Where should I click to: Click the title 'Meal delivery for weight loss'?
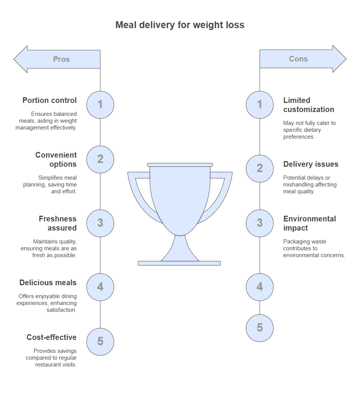pyautogui.click(x=180, y=25)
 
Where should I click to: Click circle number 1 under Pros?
pyautogui.click(x=100, y=104)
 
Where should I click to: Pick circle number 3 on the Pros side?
pyautogui.click(x=100, y=223)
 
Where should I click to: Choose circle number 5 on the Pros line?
pyautogui.click(x=100, y=341)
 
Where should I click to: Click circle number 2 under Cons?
pyautogui.click(x=260, y=168)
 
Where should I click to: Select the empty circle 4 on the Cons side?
pyautogui.click(x=260, y=287)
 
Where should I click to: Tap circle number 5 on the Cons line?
pyautogui.click(x=260, y=328)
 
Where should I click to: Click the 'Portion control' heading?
pyautogui.click(x=49, y=101)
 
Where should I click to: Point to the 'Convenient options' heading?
pyautogui.click(x=56, y=160)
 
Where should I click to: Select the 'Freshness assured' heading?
pyautogui.click(x=57, y=223)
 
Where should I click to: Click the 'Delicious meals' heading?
pyautogui.click(x=48, y=283)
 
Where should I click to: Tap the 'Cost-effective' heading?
pyautogui.click(x=51, y=338)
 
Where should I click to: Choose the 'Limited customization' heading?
pyautogui.click(x=309, y=105)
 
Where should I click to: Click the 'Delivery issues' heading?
pyautogui.click(x=311, y=164)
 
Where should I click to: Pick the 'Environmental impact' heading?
pyautogui.click(x=309, y=223)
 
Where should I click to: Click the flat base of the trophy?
pyautogui.click(x=179, y=263)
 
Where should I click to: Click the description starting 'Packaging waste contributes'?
pyautogui.click(x=314, y=248)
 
